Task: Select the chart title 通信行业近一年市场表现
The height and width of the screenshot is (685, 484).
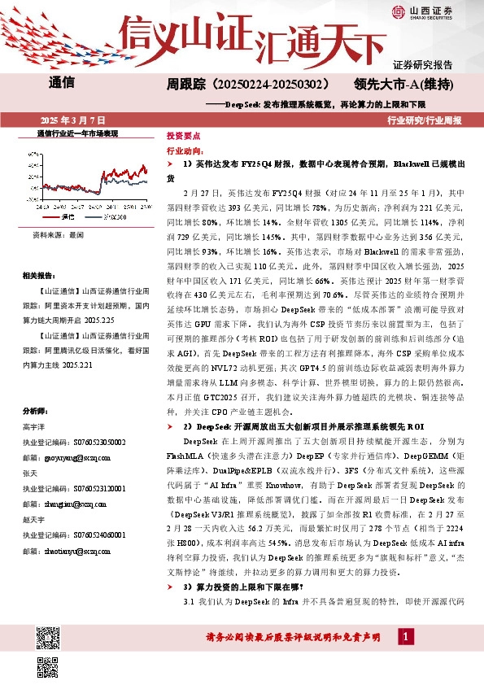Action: click(78, 133)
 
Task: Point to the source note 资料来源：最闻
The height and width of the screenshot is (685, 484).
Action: click(58, 234)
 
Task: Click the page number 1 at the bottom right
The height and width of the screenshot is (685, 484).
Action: click(405, 658)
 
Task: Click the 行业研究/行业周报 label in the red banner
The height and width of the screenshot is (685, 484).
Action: click(425, 120)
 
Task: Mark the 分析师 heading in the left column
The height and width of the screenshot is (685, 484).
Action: click(35, 410)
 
